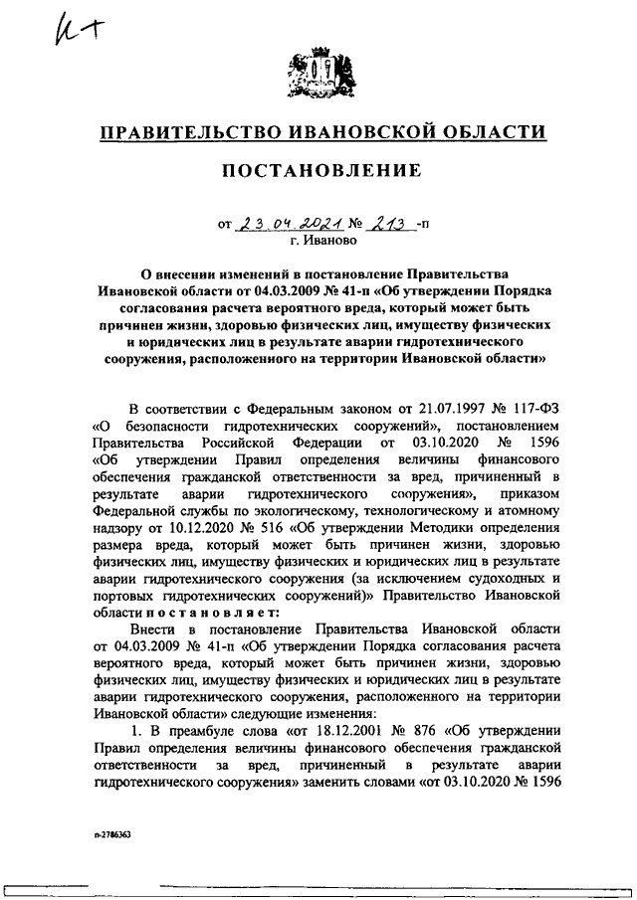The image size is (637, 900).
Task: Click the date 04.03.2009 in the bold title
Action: (x=271, y=290)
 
